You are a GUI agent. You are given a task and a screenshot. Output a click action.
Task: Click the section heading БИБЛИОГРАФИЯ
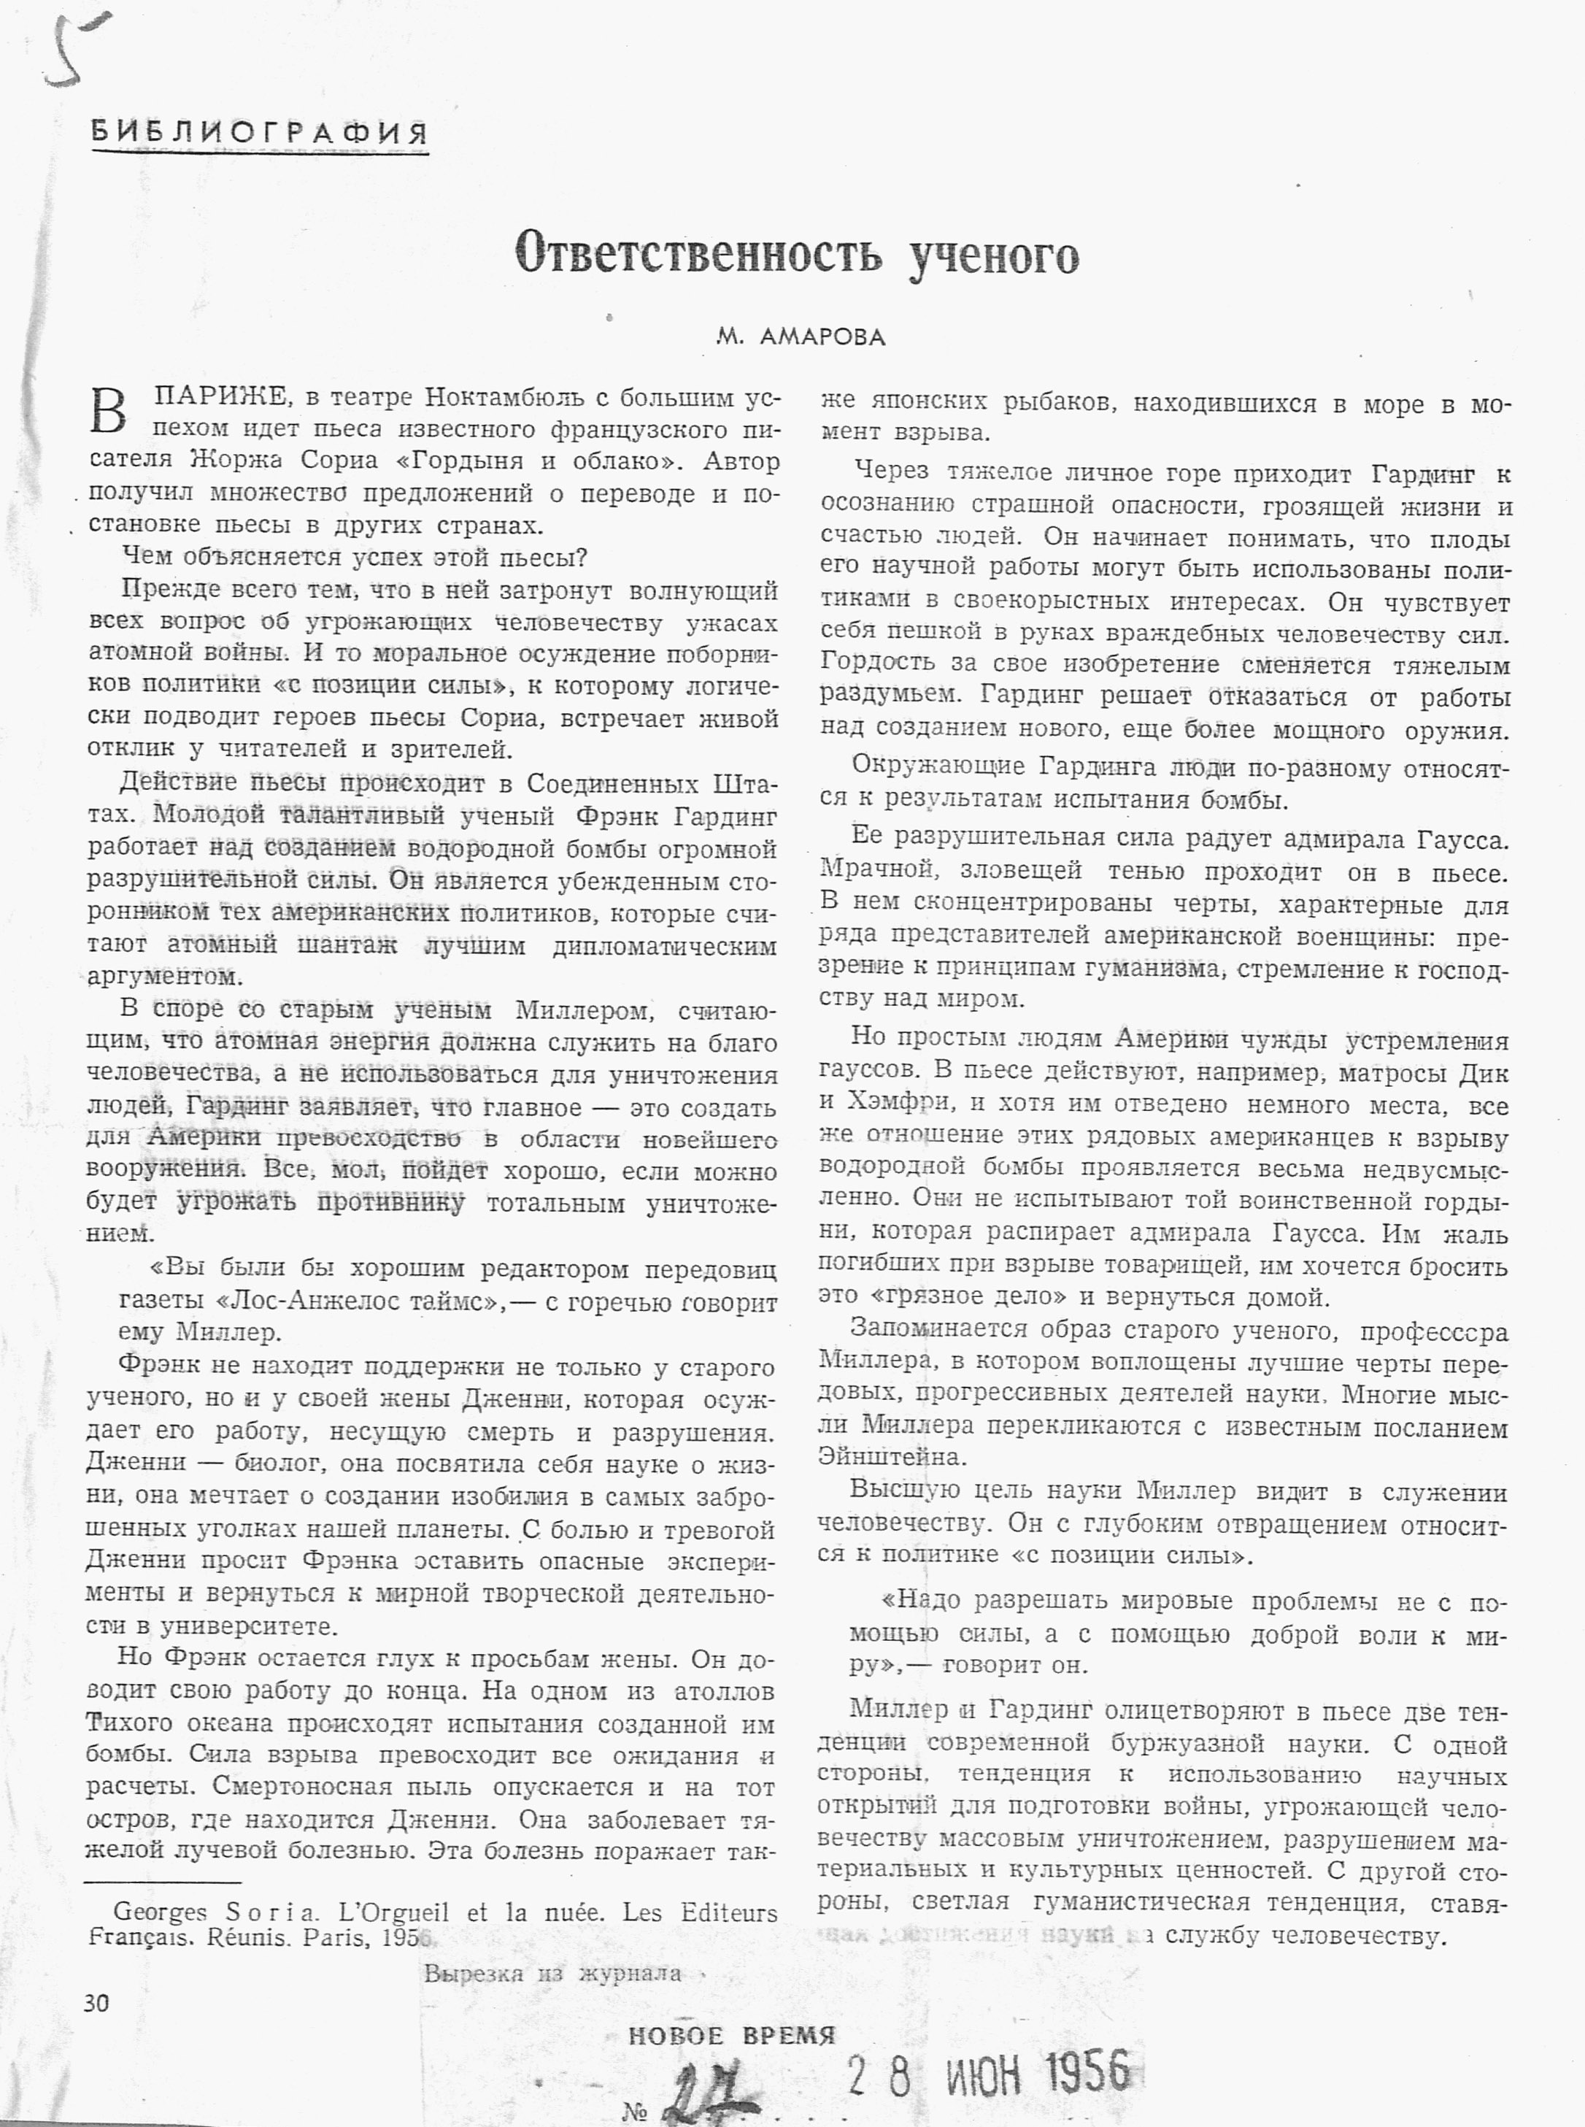pyautogui.click(x=259, y=134)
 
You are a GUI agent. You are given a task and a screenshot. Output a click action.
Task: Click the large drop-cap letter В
pyautogui.click(x=109, y=412)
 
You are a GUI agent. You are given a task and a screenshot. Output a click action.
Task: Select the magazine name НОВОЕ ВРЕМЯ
pyautogui.click(x=731, y=2036)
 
